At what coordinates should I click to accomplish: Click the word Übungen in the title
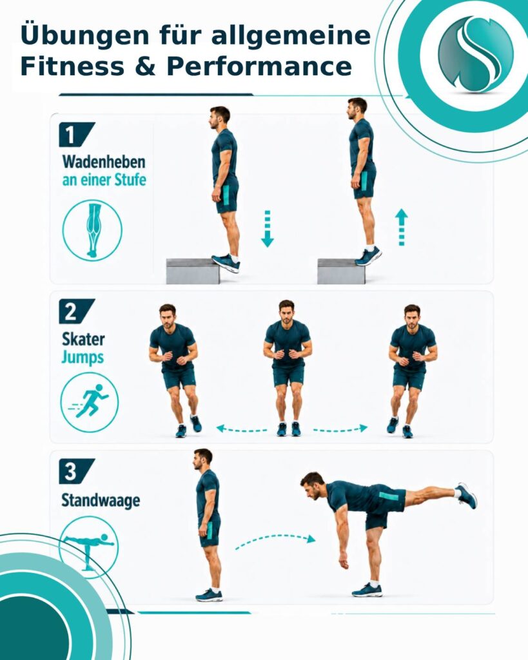click(x=84, y=36)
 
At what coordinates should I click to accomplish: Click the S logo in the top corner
click(x=476, y=54)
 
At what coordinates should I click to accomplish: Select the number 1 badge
click(x=76, y=135)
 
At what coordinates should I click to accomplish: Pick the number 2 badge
click(x=76, y=311)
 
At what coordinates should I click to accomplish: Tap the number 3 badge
click(x=76, y=471)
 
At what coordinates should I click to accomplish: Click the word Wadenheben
click(x=104, y=162)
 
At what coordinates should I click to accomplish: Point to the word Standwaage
click(x=101, y=500)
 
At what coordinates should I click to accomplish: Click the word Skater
click(x=83, y=339)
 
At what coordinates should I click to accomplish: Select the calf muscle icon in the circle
click(x=92, y=230)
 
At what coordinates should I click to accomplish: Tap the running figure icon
click(x=89, y=402)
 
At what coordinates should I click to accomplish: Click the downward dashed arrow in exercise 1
click(x=268, y=229)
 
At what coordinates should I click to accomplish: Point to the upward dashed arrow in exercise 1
click(x=401, y=228)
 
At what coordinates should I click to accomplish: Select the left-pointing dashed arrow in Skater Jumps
click(x=242, y=429)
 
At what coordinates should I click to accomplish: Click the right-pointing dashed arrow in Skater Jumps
click(x=340, y=429)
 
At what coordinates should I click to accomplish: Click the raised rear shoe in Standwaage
click(x=467, y=496)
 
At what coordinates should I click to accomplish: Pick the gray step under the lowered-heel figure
click(x=193, y=271)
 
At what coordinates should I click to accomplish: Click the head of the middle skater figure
click(x=286, y=311)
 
